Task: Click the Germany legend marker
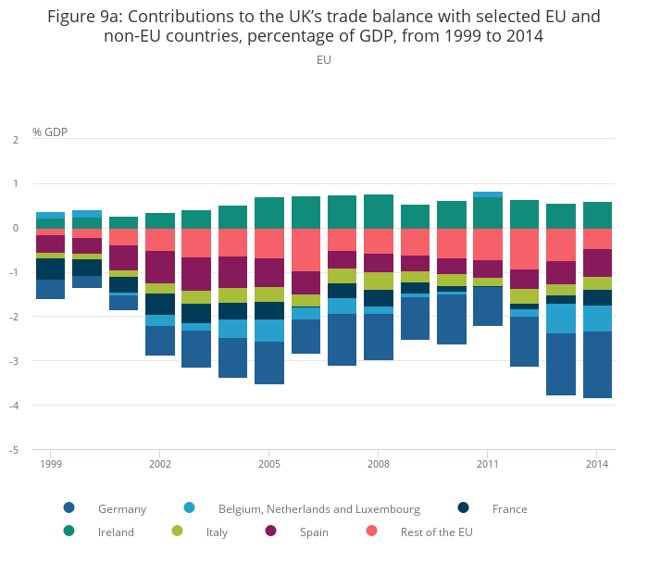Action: (69, 508)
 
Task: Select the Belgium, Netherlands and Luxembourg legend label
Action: (318, 508)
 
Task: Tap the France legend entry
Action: (509, 508)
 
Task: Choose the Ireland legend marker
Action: (69, 532)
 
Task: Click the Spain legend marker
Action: (271, 532)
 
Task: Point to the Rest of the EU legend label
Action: (436, 532)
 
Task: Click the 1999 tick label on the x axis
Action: (50, 463)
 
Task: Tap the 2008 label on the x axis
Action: (378, 463)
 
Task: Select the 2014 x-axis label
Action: (597, 463)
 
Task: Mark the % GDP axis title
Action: (49, 132)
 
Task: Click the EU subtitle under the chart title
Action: (324, 60)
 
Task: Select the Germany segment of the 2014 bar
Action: (597, 365)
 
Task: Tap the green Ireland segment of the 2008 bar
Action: (378, 211)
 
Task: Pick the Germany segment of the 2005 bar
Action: (268, 363)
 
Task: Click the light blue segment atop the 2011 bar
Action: (487, 194)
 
